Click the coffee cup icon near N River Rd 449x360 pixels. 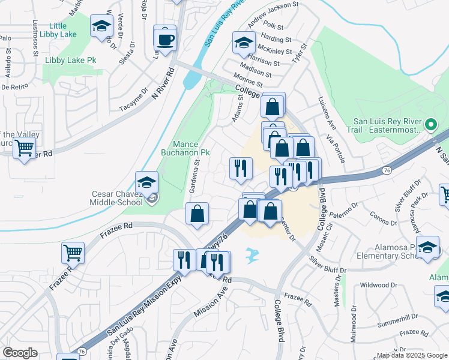(165, 39)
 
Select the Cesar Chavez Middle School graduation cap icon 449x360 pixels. (146, 182)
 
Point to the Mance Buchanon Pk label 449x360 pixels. (191, 148)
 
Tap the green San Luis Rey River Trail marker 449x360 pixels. (430, 125)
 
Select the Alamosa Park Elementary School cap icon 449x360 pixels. (427, 248)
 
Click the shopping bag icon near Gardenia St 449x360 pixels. (197, 213)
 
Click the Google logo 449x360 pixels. (20, 353)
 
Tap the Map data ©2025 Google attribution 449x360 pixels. (411, 355)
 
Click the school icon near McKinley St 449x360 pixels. (243, 43)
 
